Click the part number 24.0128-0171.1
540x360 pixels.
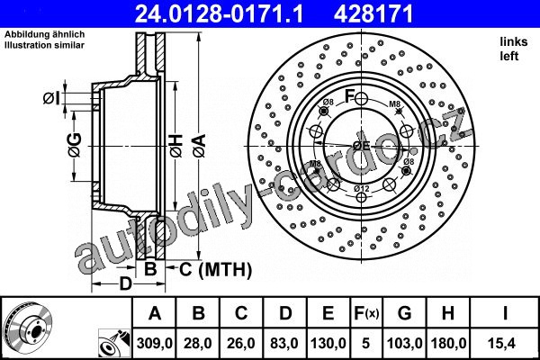[219, 14]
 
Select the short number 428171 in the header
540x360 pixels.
[373, 14]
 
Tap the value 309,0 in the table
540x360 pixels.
[154, 343]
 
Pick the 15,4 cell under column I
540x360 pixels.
[504, 343]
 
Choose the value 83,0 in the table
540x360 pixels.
[284, 343]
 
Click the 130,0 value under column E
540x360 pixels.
[328, 343]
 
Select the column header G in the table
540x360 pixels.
[404, 313]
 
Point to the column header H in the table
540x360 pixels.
[447, 313]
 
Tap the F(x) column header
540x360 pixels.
[366, 313]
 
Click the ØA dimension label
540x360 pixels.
[199, 146]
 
